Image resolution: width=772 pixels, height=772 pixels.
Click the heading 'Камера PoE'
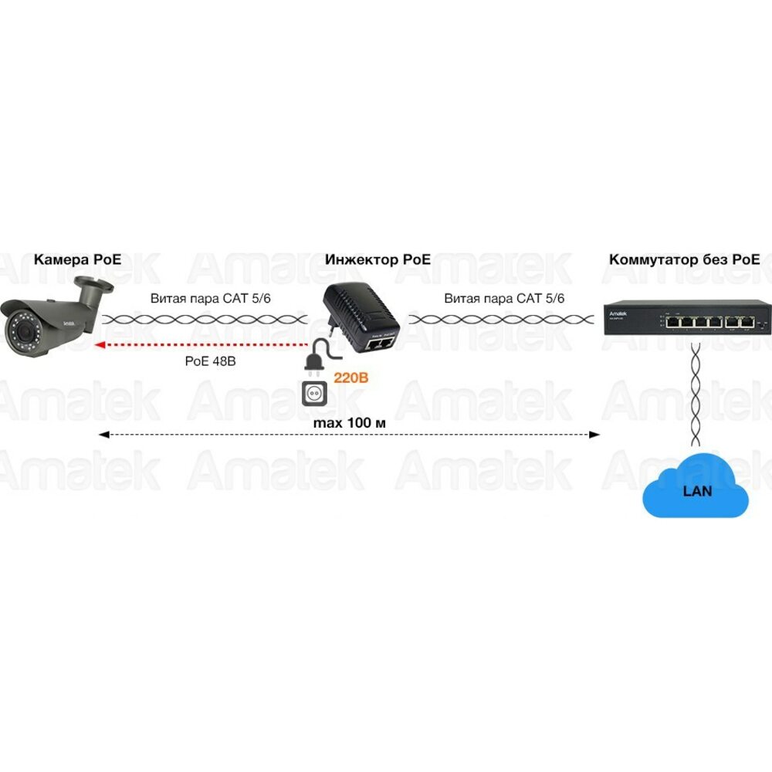[x=77, y=259]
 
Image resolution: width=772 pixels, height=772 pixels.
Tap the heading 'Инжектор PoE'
[x=378, y=259]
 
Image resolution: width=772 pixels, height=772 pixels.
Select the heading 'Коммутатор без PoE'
[x=684, y=259]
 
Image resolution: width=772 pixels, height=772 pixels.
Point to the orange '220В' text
[x=349, y=378]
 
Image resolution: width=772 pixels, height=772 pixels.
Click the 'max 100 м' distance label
[x=350, y=424]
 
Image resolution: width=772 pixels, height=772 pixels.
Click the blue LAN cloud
[x=696, y=491]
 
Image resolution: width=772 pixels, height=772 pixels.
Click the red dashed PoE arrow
[x=201, y=345]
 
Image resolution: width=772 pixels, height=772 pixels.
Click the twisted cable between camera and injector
[x=205, y=318]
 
